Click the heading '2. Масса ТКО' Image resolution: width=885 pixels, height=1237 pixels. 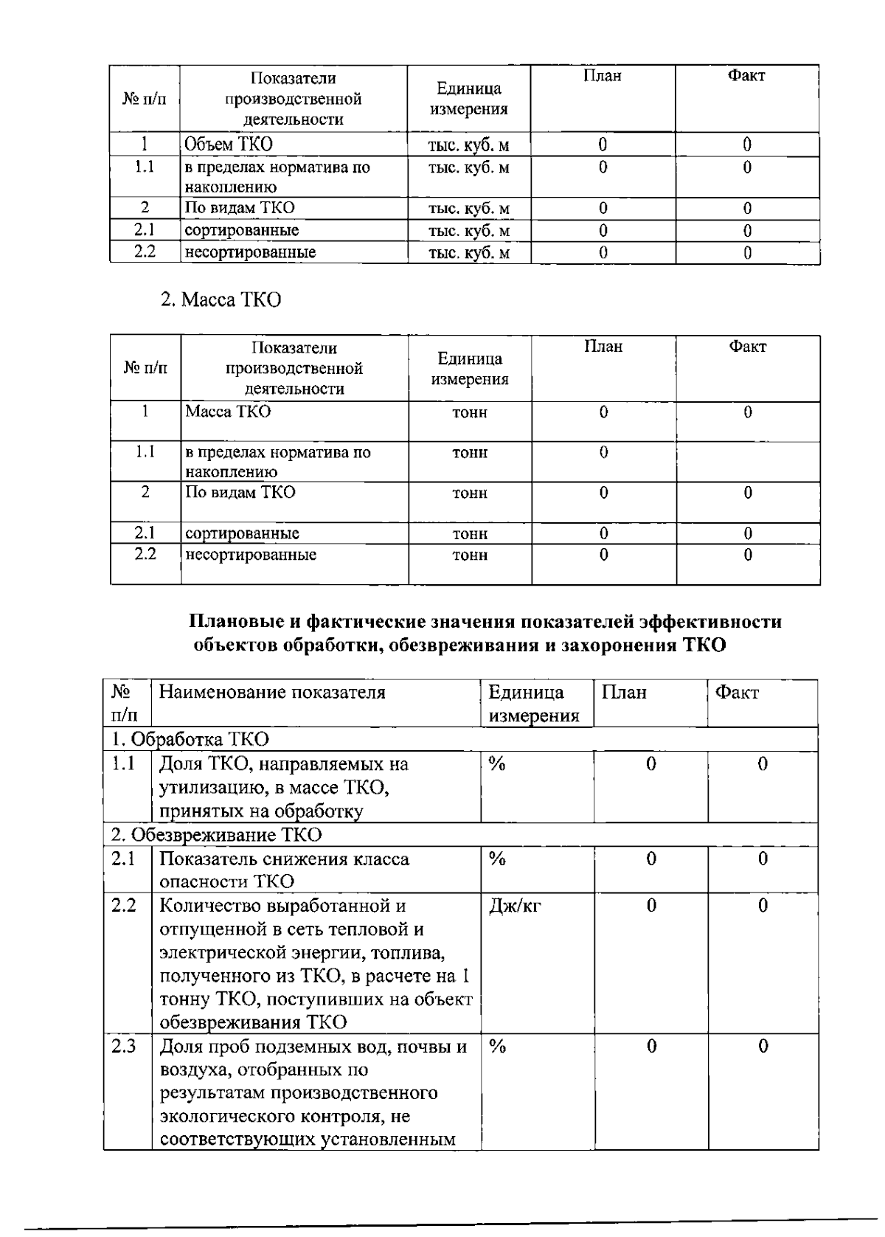(x=221, y=300)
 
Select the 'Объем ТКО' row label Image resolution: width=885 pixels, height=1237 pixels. (x=229, y=144)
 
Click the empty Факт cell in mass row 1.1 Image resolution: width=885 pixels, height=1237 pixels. (x=748, y=461)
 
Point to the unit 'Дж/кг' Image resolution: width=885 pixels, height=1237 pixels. (x=514, y=906)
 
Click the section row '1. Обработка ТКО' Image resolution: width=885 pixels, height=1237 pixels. (x=190, y=739)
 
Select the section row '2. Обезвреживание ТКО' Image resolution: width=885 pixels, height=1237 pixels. (x=217, y=835)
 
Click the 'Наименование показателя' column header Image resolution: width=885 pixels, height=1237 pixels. (x=272, y=693)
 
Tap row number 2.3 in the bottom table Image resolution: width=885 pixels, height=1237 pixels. (x=124, y=1047)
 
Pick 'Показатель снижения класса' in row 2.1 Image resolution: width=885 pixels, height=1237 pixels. (x=284, y=859)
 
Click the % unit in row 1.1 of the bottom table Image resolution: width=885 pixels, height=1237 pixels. (x=497, y=764)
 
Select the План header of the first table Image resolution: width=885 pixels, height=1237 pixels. (x=603, y=76)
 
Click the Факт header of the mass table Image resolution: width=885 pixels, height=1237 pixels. (x=747, y=347)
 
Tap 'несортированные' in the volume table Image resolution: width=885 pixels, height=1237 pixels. (x=250, y=252)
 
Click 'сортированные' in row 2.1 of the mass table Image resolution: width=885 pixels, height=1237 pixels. (x=242, y=533)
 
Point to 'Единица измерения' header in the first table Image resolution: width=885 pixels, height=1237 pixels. (x=468, y=99)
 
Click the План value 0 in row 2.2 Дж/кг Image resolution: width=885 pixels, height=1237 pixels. (x=650, y=906)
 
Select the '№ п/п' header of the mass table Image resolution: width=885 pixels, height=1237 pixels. (x=145, y=367)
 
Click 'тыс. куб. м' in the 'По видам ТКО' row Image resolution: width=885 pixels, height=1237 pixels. (x=468, y=209)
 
